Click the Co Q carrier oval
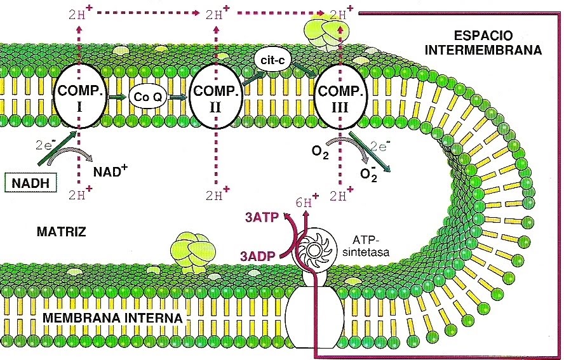(x=147, y=97)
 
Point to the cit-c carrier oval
(x=272, y=60)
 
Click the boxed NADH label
(x=30, y=183)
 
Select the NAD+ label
(x=111, y=170)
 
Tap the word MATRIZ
(x=62, y=232)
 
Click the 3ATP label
(x=262, y=218)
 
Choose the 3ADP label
(x=257, y=256)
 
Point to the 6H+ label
(x=307, y=202)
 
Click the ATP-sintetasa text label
(x=366, y=246)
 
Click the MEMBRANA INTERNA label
(x=112, y=318)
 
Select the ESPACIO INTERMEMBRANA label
(x=483, y=43)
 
